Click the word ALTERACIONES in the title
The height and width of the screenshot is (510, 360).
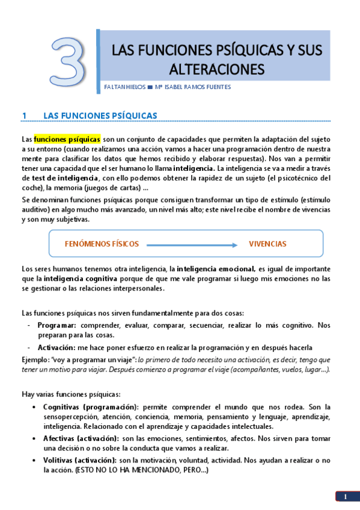pyautogui.click(x=216, y=69)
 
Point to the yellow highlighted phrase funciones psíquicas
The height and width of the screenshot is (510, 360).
pyautogui.click(x=67, y=139)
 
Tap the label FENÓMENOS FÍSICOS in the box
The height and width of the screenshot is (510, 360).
pyautogui.click(x=102, y=244)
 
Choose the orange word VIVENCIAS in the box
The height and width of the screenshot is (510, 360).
pyautogui.click(x=267, y=244)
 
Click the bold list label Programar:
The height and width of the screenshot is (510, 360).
pyautogui.click(x=56, y=325)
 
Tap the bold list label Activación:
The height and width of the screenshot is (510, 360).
pyautogui.click(x=56, y=348)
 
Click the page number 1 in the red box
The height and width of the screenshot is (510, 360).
pyautogui.click(x=346, y=497)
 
